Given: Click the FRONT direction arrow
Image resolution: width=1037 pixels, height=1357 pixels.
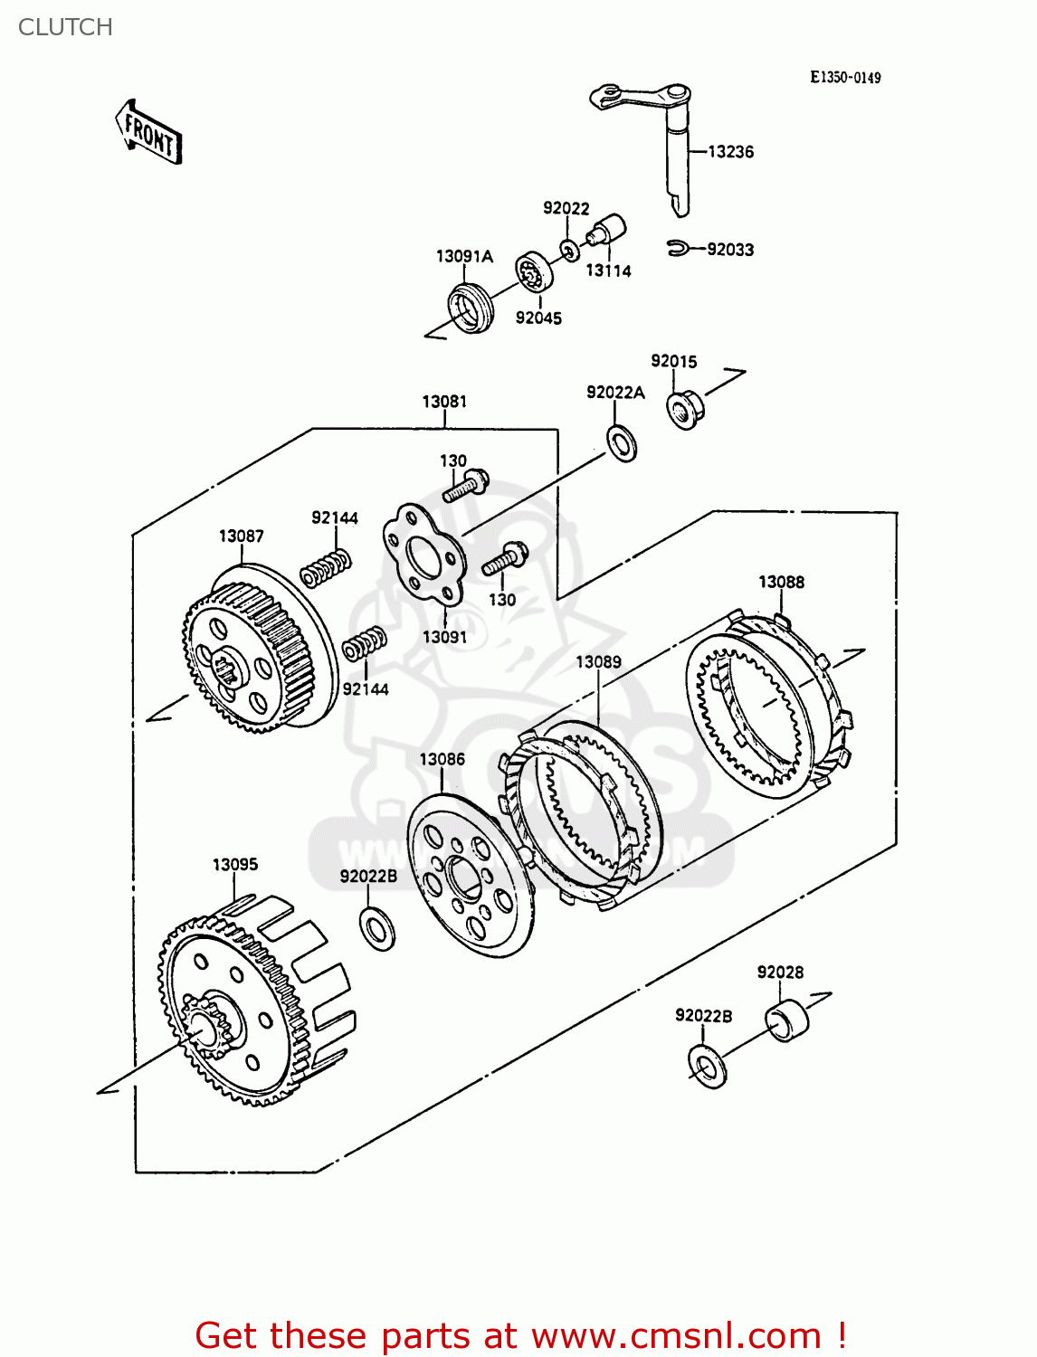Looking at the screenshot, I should coord(149,133).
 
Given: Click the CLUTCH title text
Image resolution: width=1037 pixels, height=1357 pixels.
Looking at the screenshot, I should coord(65,27).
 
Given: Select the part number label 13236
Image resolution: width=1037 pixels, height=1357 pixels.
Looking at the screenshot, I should coord(730,152).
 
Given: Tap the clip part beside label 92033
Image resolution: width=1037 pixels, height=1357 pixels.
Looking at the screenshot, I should coord(678,248).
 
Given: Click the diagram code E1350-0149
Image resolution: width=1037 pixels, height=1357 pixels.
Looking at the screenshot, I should coord(845,78).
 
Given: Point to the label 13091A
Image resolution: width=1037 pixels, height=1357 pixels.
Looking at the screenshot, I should coord(464,257).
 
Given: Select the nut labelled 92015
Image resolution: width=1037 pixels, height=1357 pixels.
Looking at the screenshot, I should coord(685,409).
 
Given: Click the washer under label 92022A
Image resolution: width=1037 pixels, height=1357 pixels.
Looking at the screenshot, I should coord(622,442).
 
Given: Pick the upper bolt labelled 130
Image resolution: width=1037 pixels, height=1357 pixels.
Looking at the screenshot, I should coord(467,486).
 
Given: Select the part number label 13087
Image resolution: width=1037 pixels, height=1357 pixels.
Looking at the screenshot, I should coord(242,536).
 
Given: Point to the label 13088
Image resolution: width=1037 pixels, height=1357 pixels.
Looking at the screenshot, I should coord(781,583).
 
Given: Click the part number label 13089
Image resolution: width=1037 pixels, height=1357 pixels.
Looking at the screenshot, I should coord(598,662).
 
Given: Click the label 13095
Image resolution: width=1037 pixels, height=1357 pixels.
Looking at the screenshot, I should coord(235,865).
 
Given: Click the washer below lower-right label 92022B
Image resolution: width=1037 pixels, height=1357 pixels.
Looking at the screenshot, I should coord(708,1067).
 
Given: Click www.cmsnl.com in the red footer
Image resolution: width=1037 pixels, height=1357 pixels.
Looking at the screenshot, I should coord(676,1335).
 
